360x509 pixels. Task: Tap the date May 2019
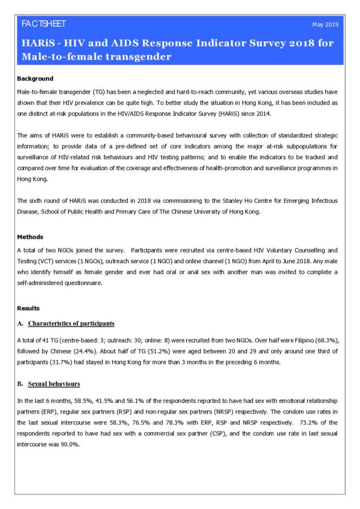325,25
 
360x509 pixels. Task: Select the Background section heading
35,79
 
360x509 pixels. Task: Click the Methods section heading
31,237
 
